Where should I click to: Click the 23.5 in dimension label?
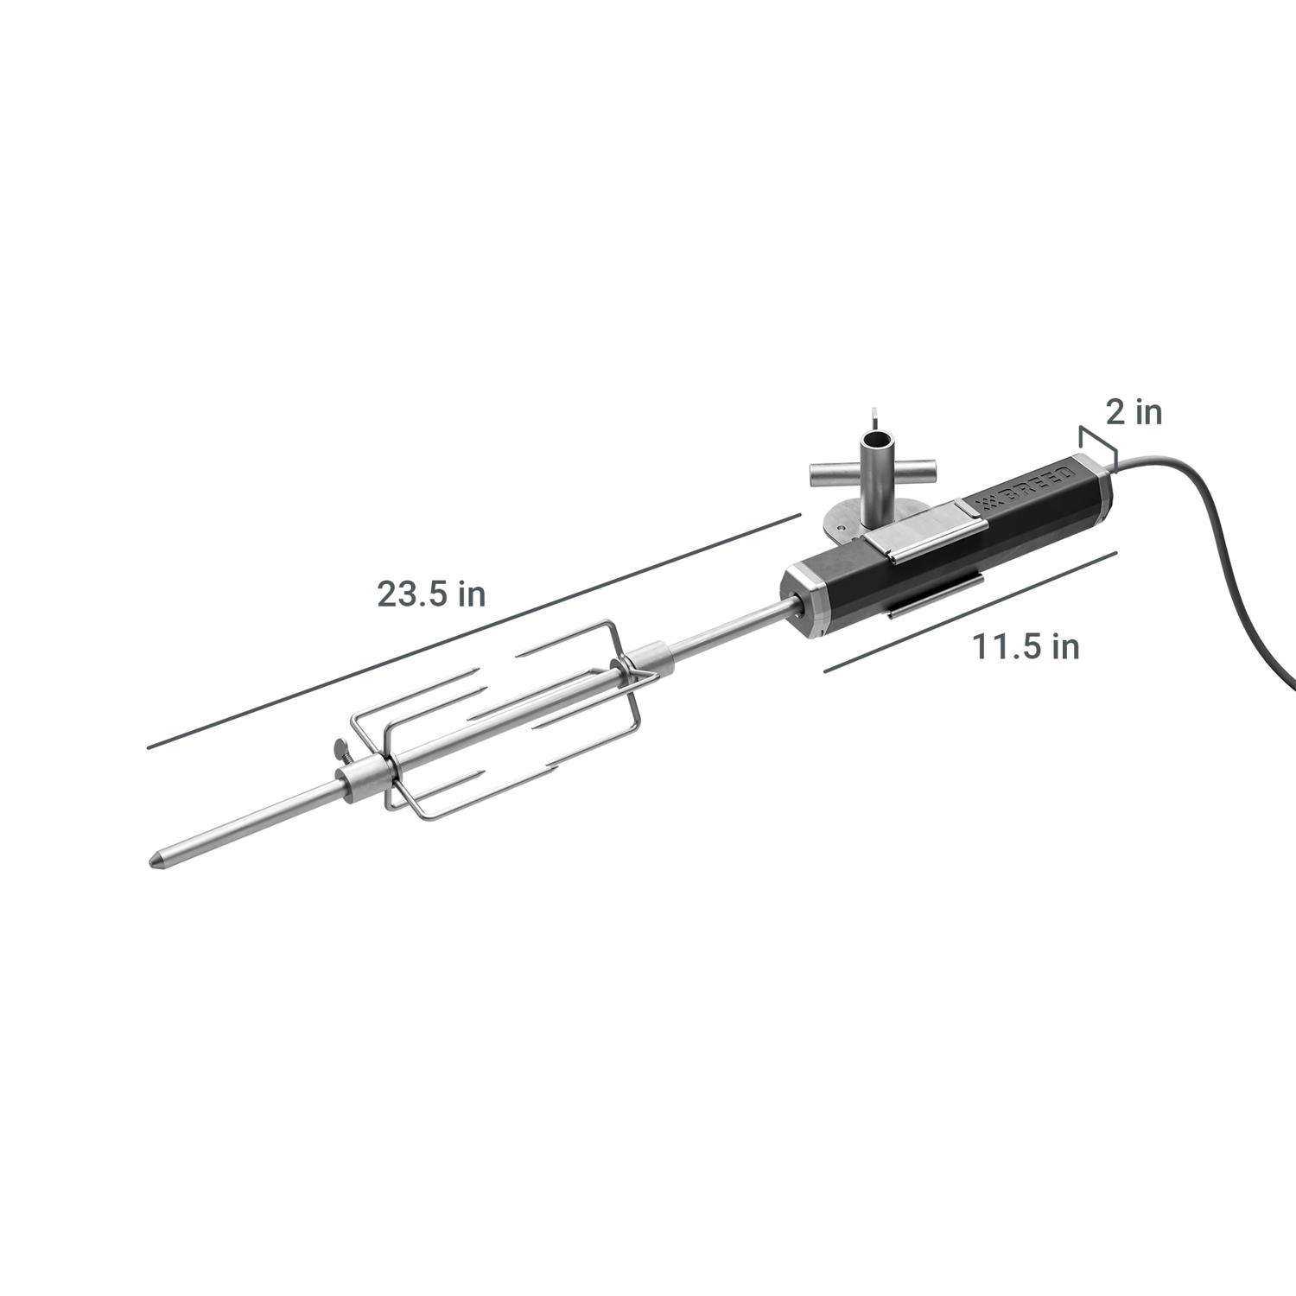(430, 594)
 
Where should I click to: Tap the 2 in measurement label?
(1134, 412)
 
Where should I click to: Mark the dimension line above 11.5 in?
(971, 610)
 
